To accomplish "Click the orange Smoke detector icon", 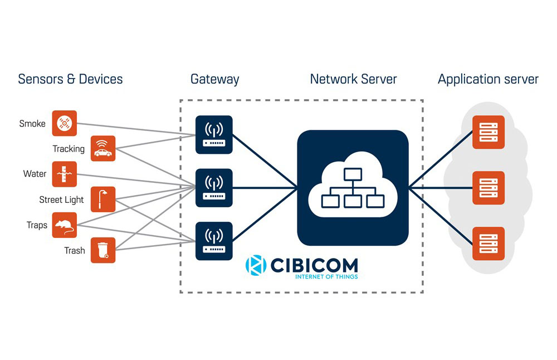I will [65, 123].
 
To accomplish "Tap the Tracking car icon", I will [102, 148].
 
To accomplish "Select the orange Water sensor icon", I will [65, 174].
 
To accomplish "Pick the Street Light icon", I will [102, 199].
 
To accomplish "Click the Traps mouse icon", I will [65, 225].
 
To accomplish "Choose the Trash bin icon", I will [102, 250].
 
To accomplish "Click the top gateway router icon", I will [214, 134].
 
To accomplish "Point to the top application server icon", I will [488, 132].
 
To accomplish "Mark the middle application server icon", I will [488, 188].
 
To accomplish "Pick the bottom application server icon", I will [488, 244].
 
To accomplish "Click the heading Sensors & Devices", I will [70, 79].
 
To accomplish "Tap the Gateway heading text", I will [214, 79].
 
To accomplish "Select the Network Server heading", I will [353, 79].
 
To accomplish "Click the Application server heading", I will [488, 79].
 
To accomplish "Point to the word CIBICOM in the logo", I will [314, 264].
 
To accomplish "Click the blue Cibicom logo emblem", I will [256, 265].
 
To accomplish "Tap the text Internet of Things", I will [326, 276].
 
